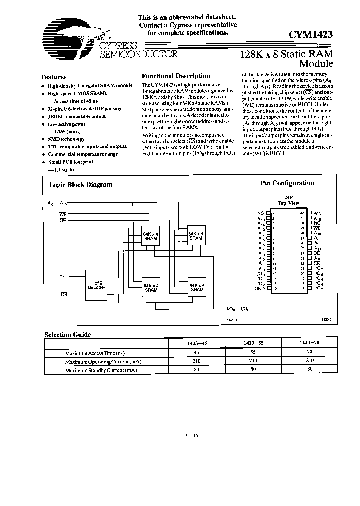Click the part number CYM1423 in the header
[x=311, y=35]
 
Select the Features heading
[x=54, y=77]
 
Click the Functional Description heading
[x=176, y=76]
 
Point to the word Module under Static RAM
[x=316, y=64]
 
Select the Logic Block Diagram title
[x=80, y=184]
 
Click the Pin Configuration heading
[x=287, y=183]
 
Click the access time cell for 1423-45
[x=196, y=353]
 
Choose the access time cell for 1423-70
[x=310, y=353]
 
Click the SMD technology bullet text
[x=66, y=139]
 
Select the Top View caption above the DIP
[x=288, y=203]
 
